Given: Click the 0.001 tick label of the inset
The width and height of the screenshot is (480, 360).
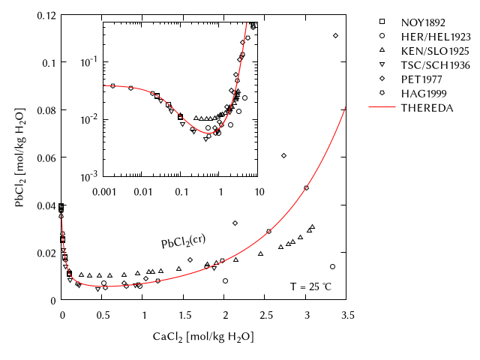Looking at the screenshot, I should click(103, 192).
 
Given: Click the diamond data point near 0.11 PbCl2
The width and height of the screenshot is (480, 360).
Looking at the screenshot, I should click(335, 35).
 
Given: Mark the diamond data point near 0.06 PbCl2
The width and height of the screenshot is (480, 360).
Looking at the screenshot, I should click(283, 155).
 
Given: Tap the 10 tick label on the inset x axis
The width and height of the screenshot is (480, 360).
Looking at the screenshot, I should click(259, 192).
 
